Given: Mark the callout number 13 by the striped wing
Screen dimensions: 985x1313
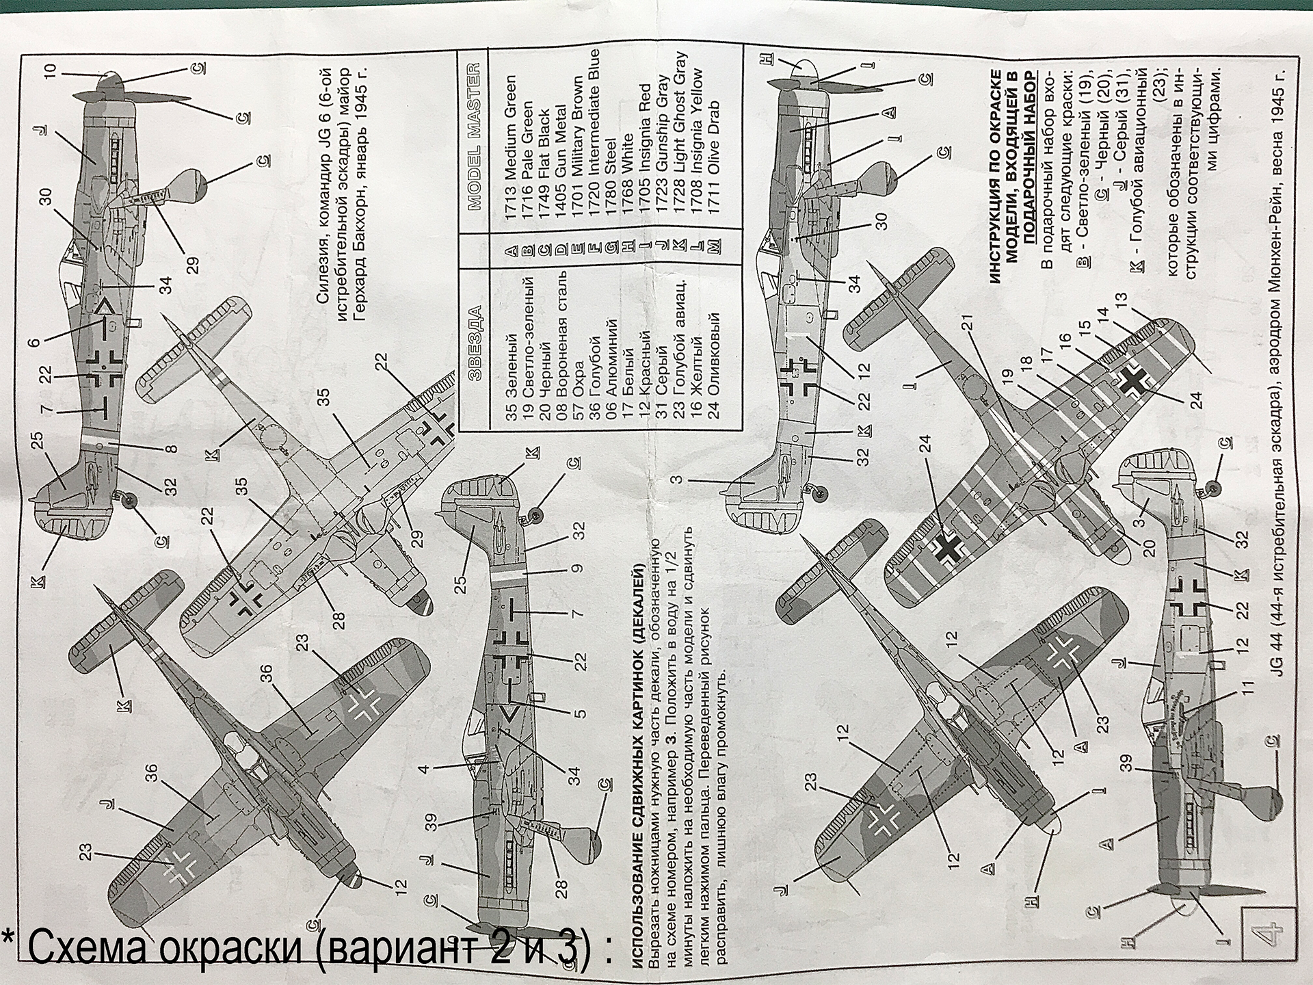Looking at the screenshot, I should (x=1119, y=300).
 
